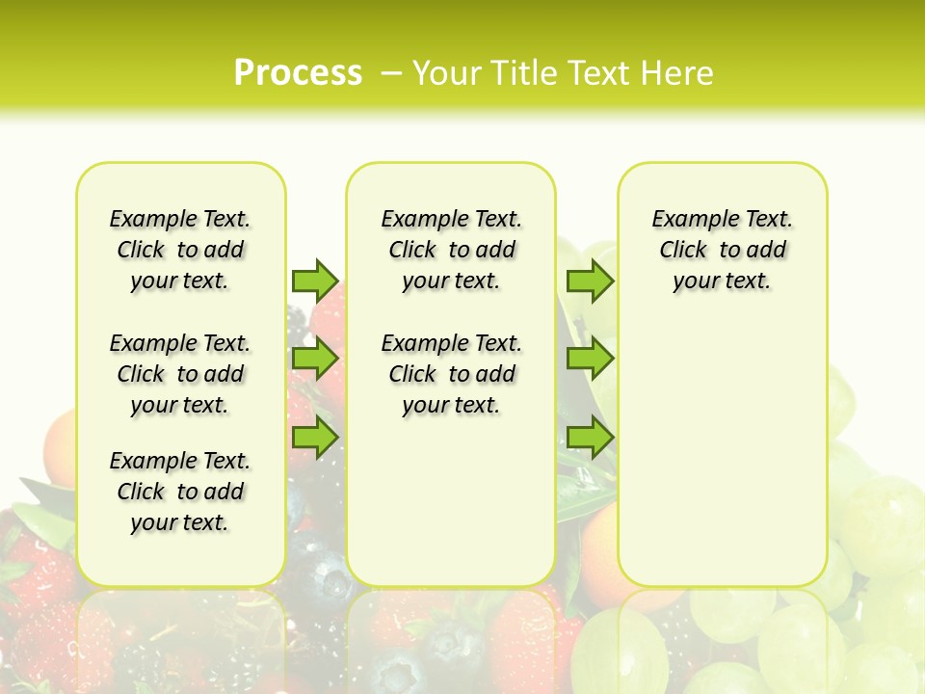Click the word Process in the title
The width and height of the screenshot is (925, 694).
pyautogui.click(x=298, y=72)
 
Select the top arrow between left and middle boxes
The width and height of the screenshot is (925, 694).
pyautogui.click(x=315, y=280)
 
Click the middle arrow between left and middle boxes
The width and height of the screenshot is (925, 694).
pyautogui.click(x=315, y=360)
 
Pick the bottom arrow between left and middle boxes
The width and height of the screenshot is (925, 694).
pyautogui.click(x=315, y=438)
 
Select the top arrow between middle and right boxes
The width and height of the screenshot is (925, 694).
pyautogui.click(x=590, y=280)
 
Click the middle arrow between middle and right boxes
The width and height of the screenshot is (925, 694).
pyautogui.click(x=590, y=360)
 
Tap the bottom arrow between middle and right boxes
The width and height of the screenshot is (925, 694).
pyautogui.click(x=590, y=438)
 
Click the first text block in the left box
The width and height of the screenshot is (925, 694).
pyautogui.click(x=180, y=250)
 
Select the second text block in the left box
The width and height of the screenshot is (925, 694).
pyautogui.click(x=180, y=374)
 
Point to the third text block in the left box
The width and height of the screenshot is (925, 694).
pyautogui.click(x=180, y=492)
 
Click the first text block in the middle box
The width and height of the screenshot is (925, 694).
pyautogui.click(x=451, y=250)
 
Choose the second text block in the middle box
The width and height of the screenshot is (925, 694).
pyautogui.click(x=451, y=374)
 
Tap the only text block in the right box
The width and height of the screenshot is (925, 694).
pyautogui.click(x=722, y=250)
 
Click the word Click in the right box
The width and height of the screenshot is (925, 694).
pyautogui.click(x=683, y=251)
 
